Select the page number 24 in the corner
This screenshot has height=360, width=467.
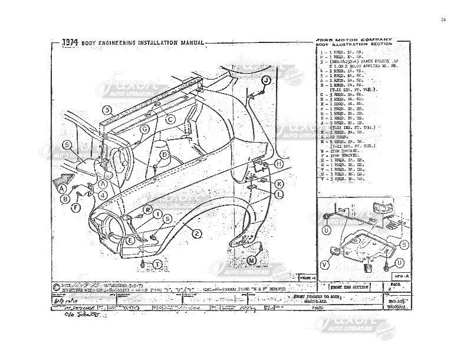443,21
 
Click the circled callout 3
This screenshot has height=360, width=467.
107,110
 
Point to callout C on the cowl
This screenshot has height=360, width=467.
170,120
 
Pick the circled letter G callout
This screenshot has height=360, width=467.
144,129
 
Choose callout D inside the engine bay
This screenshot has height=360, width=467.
165,154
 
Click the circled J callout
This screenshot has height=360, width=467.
266,79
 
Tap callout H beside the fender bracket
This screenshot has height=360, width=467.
279,163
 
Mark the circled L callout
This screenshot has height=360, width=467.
279,194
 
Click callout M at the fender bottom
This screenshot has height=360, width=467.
252,259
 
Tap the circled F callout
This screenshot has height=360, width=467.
75,207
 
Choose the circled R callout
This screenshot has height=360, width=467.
148,210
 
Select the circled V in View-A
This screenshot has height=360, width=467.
326,265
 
